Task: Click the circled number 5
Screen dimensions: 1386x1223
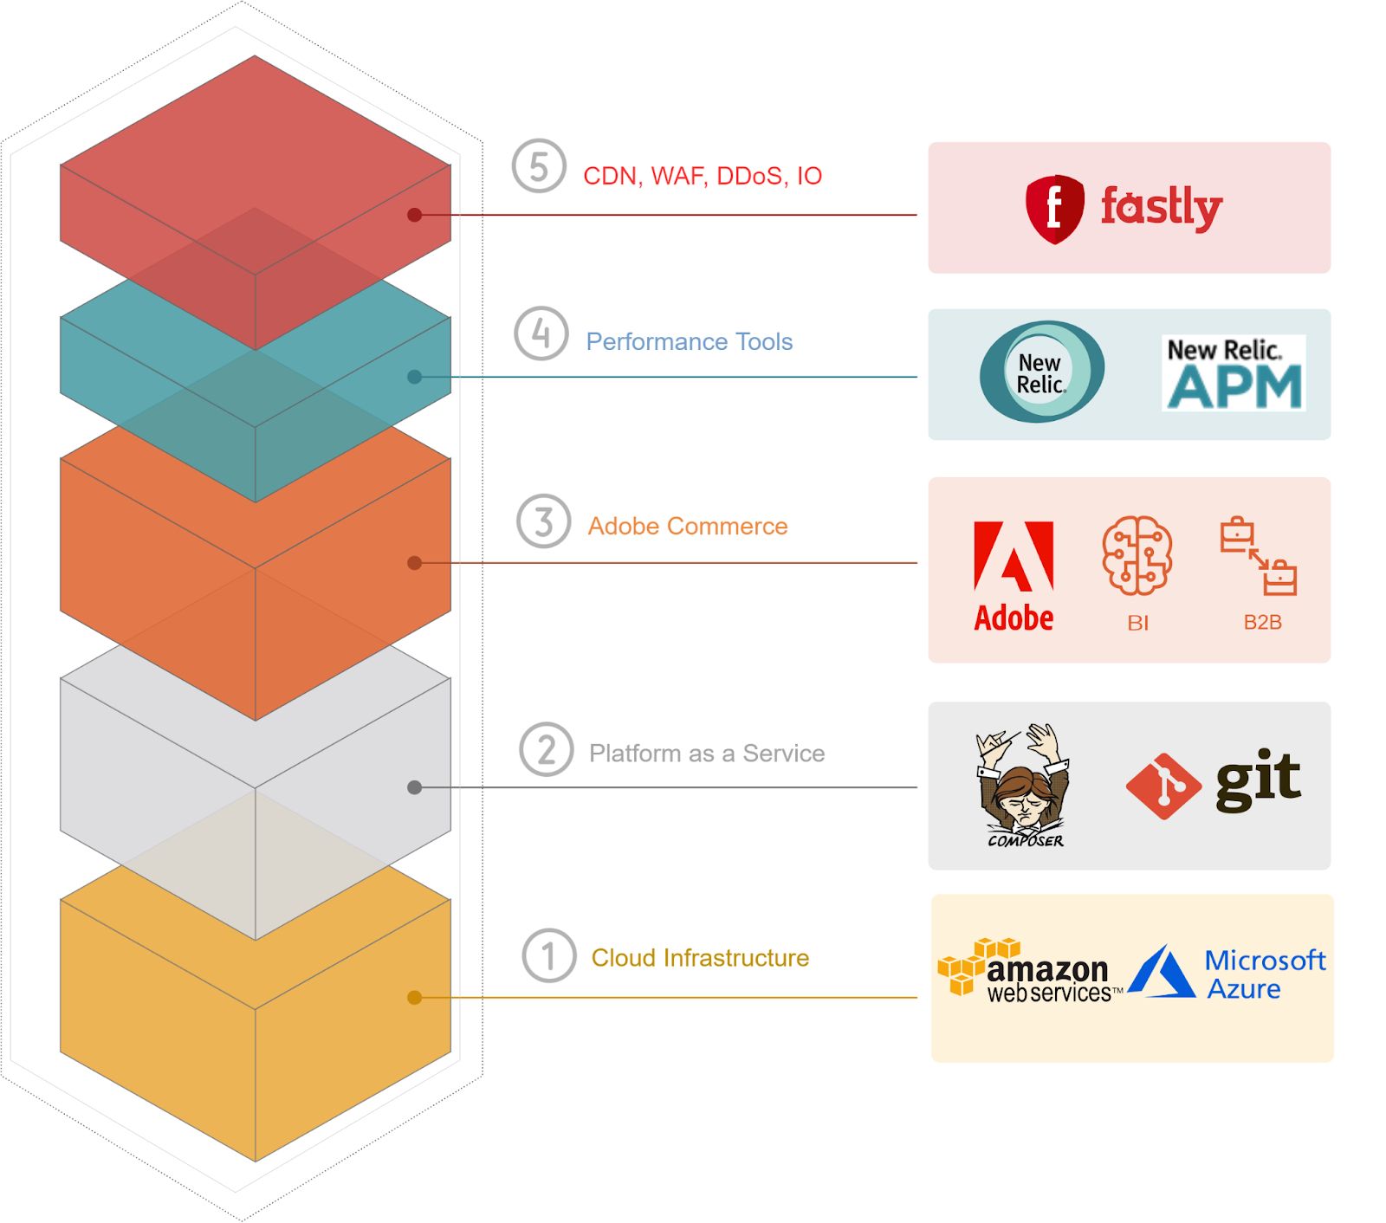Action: pyautogui.click(x=539, y=165)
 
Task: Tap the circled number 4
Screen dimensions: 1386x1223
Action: pyautogui.click(x=541, y=333)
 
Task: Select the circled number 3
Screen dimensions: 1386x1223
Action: pyautogui.click(x=543, y=521)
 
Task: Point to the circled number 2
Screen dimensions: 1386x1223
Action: pyautogui.click(x=546, y=749)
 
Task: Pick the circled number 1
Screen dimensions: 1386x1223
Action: pyautogui.click(x=549, y=955)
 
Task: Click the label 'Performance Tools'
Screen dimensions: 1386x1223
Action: pyautogui.click(x=690, y=341)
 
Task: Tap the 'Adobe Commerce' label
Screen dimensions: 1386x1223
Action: pyautogui.click(x=688, y=526)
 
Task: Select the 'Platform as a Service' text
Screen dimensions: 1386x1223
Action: pyautogui.click(x=707, y=753)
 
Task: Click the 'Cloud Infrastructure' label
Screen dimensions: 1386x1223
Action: pyautogui.click(x=700, y=957)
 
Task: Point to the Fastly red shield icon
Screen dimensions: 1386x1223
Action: pyautogui.click(x=1054, y=210)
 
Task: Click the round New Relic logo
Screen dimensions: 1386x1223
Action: pyautogui.click(x=1041, y=372)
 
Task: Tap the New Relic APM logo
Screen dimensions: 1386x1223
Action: pyautogui.click(x=1234, y=372)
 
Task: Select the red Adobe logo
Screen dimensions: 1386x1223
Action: pyautogui.click(x=1014, y=576)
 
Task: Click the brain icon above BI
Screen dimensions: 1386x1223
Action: pyautogui.click(x=1137, y=555)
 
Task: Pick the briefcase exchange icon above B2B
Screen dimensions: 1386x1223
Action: pyautogui.click(x=1259, y=556)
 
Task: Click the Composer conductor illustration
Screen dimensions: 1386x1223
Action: pyautogui.click(x=1023, y=785)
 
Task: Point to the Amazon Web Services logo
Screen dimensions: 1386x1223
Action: pyautogui.click(x=1030, y=971)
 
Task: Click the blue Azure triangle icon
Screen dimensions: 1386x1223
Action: pyautogui.click(x=1162, y=971)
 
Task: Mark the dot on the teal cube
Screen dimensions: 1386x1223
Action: pyautogui.click(x=415, y=377)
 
